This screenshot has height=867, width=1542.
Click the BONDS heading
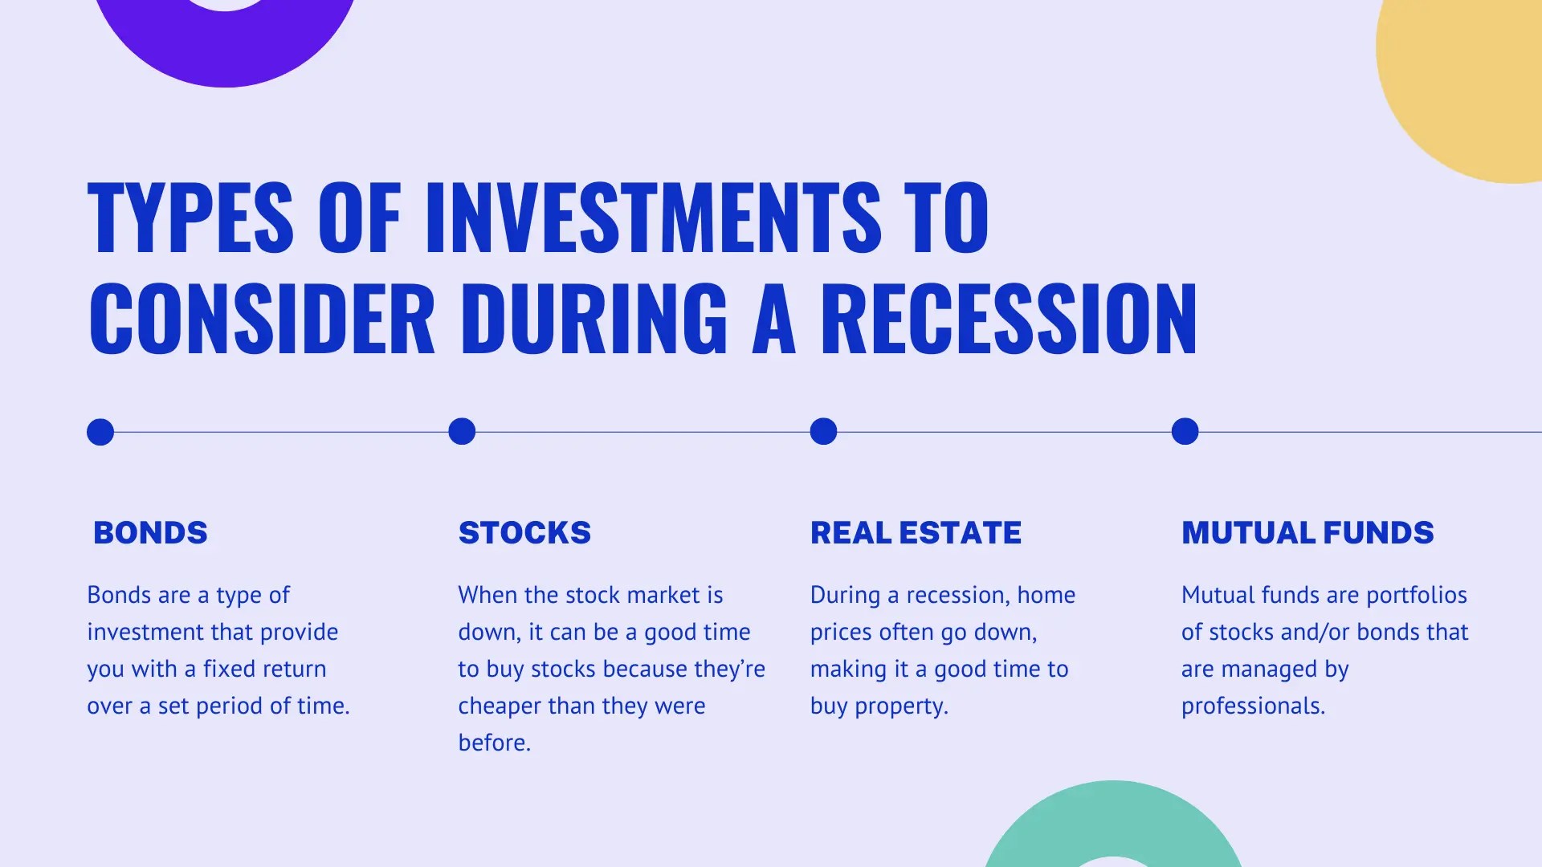[x=150, y=533]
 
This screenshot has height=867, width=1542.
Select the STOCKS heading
[x=524, y=533]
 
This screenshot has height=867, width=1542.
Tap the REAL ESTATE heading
[x=916, y=533]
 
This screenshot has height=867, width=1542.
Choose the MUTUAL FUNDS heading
[x=1307, y=533]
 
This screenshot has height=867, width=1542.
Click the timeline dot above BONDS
[x=100, y=432]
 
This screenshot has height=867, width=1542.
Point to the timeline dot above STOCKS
[x=462, y=432]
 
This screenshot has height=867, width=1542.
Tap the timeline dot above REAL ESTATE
[x=823, y=432]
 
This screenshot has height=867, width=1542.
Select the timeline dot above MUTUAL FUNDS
[x=1185, y=432]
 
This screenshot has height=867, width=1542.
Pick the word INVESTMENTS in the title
[x=653, y=217]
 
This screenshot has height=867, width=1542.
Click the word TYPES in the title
[x=190, y=217]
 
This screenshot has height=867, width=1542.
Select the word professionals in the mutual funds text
[x=1253, y=706]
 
